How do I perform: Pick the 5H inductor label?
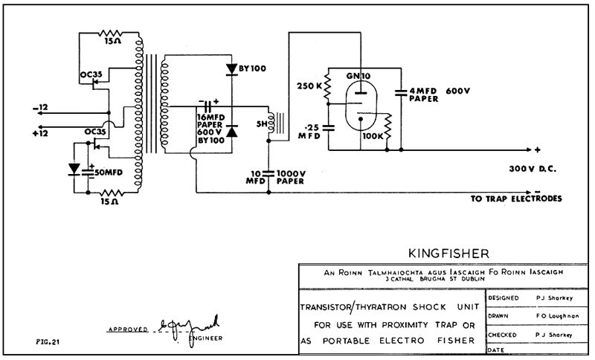click(261, 124)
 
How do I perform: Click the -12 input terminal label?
click(42, 108)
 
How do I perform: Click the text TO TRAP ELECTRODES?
click(516, 199)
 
